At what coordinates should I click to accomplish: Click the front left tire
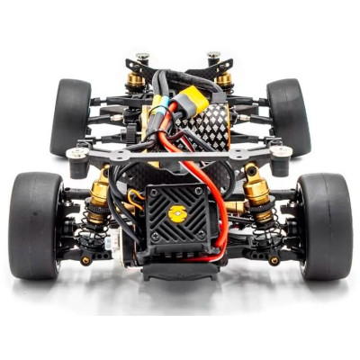[36, 225]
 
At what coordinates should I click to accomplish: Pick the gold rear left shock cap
[135, 83]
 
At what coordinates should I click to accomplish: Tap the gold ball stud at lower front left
[85, 260]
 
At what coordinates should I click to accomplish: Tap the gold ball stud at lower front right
[274, 260]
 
